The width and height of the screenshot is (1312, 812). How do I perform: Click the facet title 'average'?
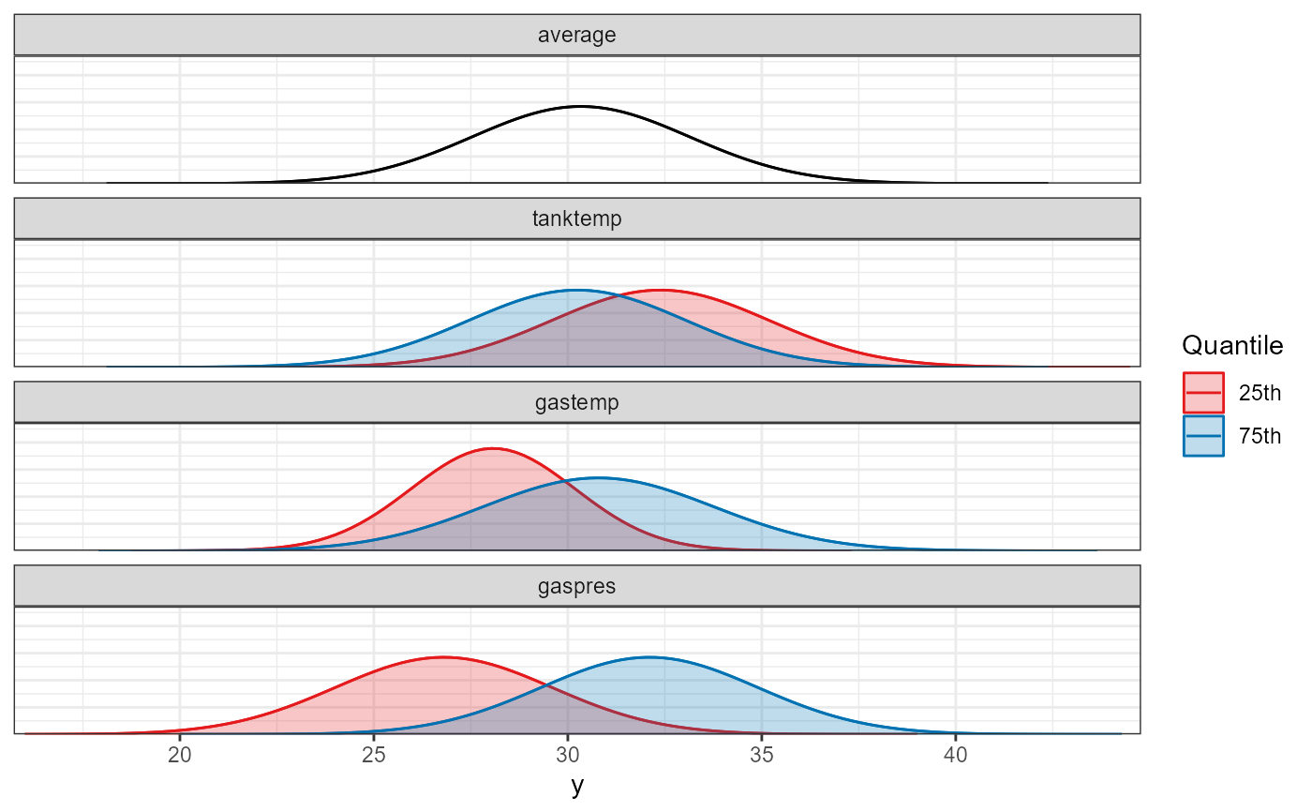pos(577,37)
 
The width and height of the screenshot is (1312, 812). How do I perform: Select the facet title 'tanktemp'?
pos(577,219)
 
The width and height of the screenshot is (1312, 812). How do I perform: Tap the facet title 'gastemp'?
pos(577,403)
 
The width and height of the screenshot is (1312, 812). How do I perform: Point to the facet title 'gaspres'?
pos(577,587)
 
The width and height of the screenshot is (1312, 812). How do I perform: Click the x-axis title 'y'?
pos(577,786)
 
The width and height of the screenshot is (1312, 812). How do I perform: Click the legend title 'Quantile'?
pos(1232,346)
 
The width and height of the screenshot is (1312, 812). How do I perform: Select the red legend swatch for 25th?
pos(1203,393)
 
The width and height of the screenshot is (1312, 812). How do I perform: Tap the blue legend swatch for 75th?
pos(1203,436)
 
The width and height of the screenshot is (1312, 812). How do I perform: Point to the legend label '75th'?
pos(1260,437)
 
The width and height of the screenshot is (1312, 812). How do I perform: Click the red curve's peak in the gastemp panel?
pos(493,448)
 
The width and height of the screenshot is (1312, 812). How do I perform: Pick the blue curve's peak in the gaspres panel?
pos(650,657)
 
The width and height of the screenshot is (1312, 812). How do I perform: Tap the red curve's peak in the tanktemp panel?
pos(663,290)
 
